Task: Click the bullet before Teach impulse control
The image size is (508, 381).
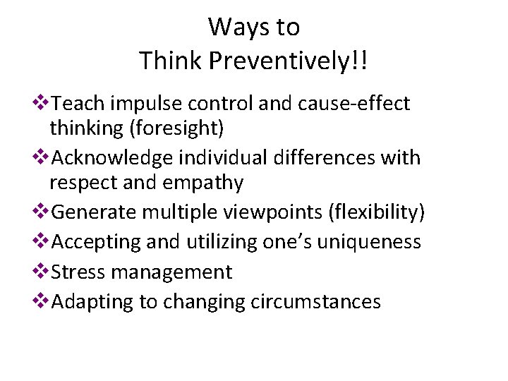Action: tap(42, 103)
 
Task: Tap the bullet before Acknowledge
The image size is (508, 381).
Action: tap(42, 157)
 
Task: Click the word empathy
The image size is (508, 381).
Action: tap(205, 183)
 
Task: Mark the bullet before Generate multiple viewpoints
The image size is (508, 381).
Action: tap(42, 211)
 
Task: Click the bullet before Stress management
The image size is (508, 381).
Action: tap(42, 271)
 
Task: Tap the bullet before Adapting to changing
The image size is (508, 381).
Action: tap(42, 301)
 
